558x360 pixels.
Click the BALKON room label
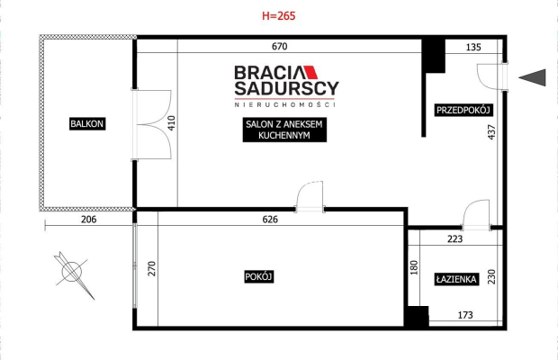(87, 124)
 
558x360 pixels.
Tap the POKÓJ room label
(258, 277)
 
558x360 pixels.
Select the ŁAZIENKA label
(456, 279)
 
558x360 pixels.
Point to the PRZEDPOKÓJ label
(463, 110)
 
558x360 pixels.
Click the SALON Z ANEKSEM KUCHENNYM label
(284, 130)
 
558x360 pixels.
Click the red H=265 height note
(279, 15)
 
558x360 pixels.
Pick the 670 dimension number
(279, 46)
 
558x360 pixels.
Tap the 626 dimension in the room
(270, 219)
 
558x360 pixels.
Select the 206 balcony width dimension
(88, 219)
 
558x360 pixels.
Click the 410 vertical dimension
(171, 123)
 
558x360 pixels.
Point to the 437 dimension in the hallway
(491, 132)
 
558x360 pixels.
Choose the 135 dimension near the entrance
(473, 47)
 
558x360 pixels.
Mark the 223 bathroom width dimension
(455, 238)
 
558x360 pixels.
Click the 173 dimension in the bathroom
(465, 315)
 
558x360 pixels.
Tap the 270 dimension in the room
(151, 268)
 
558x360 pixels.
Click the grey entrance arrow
(532, 77)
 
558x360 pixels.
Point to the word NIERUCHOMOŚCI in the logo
(285, 104)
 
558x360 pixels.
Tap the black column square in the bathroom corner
(418, 316)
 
